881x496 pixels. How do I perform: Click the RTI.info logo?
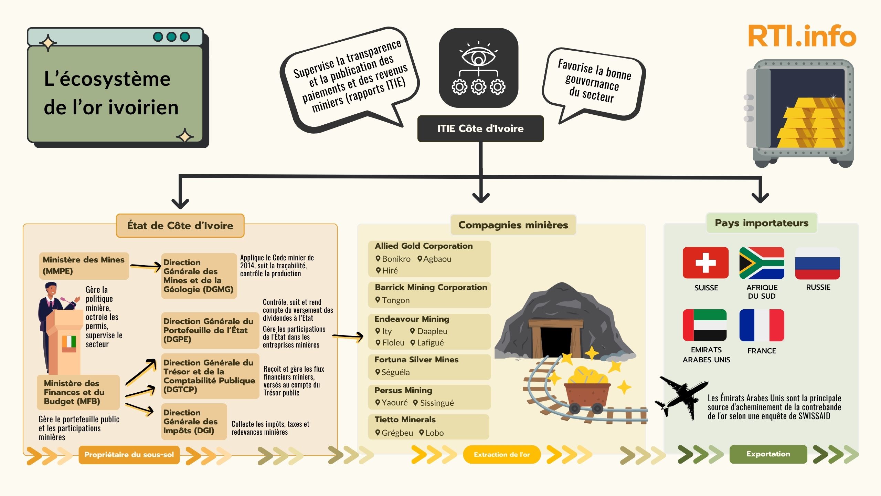pos(802,36)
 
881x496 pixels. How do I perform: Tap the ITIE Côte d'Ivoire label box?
pos(480,128)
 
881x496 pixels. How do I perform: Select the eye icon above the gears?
pos(478,56)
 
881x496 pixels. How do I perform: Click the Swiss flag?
pos(705,262)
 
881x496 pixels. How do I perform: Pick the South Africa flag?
pos(762,262)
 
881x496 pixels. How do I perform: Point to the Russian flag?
pos(817,263)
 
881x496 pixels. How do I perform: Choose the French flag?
pos(762,325)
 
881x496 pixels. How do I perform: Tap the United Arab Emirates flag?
pos(705,325)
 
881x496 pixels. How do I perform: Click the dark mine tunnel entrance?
pos(556,341)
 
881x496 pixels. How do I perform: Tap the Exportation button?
pos(768,454)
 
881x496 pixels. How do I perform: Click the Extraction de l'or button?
pos(502,454)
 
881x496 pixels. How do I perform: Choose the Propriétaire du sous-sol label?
pos(129,455)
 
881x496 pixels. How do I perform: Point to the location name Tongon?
pos(395,300)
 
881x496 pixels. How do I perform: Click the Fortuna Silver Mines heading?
pos(416,360)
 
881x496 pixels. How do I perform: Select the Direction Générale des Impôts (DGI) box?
pos(194,422)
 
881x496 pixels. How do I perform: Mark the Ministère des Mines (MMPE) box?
pos(84,265)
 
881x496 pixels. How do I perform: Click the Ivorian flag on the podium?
pos(69,342)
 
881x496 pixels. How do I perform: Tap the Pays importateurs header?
pos(762,223)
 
